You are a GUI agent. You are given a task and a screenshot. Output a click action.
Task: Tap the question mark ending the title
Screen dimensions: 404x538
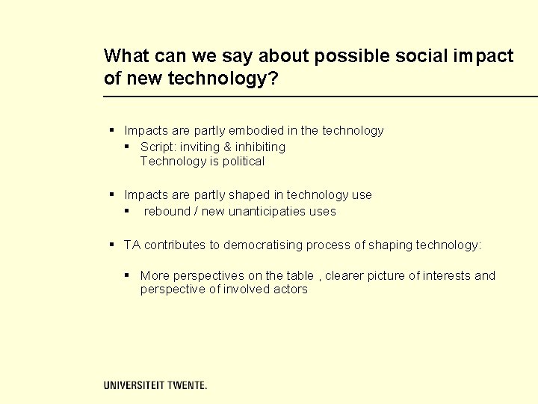click(273, 79)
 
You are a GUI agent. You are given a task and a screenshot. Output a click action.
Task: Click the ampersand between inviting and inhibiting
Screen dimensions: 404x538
click(228, 147)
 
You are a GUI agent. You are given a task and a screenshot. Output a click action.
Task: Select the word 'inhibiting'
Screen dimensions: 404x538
click(261, 147)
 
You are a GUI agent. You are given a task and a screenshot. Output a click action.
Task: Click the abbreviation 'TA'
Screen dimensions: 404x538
click(132, 245)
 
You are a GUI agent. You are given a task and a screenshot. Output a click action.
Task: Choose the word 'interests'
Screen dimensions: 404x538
click(448, 275)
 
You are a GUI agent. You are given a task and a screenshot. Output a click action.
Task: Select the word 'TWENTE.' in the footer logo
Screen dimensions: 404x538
click(187, 385)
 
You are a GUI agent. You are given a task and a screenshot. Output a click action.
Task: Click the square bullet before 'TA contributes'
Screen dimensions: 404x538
click(111, 244)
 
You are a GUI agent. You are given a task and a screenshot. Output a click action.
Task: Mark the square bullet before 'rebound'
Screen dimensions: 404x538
click(128, 211)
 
